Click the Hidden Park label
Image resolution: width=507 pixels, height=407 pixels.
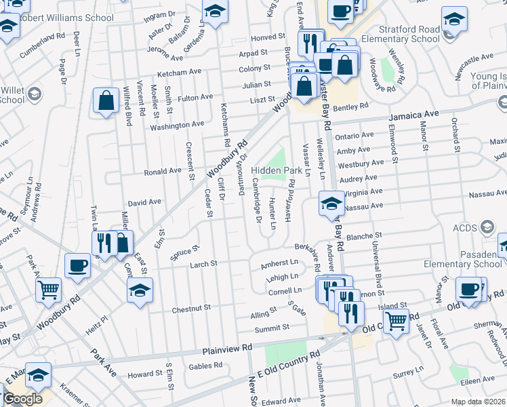[x=276, y=170]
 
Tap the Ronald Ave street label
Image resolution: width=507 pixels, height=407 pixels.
[x=161, y=172]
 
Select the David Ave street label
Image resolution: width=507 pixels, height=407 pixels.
[x=144, y=202]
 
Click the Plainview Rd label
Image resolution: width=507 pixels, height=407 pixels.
[x=227, y=349]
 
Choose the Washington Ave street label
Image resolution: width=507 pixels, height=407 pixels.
[x=177, y=125]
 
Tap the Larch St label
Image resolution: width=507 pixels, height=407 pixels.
[x=203, y=264]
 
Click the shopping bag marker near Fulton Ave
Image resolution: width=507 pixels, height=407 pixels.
[x=106, y=102]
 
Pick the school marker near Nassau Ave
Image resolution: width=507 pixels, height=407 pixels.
[x=331, y=203]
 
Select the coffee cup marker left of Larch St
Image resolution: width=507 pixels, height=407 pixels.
[x=77, y=265]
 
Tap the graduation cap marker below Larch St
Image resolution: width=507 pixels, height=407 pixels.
[x=140, y=290]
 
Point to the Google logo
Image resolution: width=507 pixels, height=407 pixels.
[x=22, y=400]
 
